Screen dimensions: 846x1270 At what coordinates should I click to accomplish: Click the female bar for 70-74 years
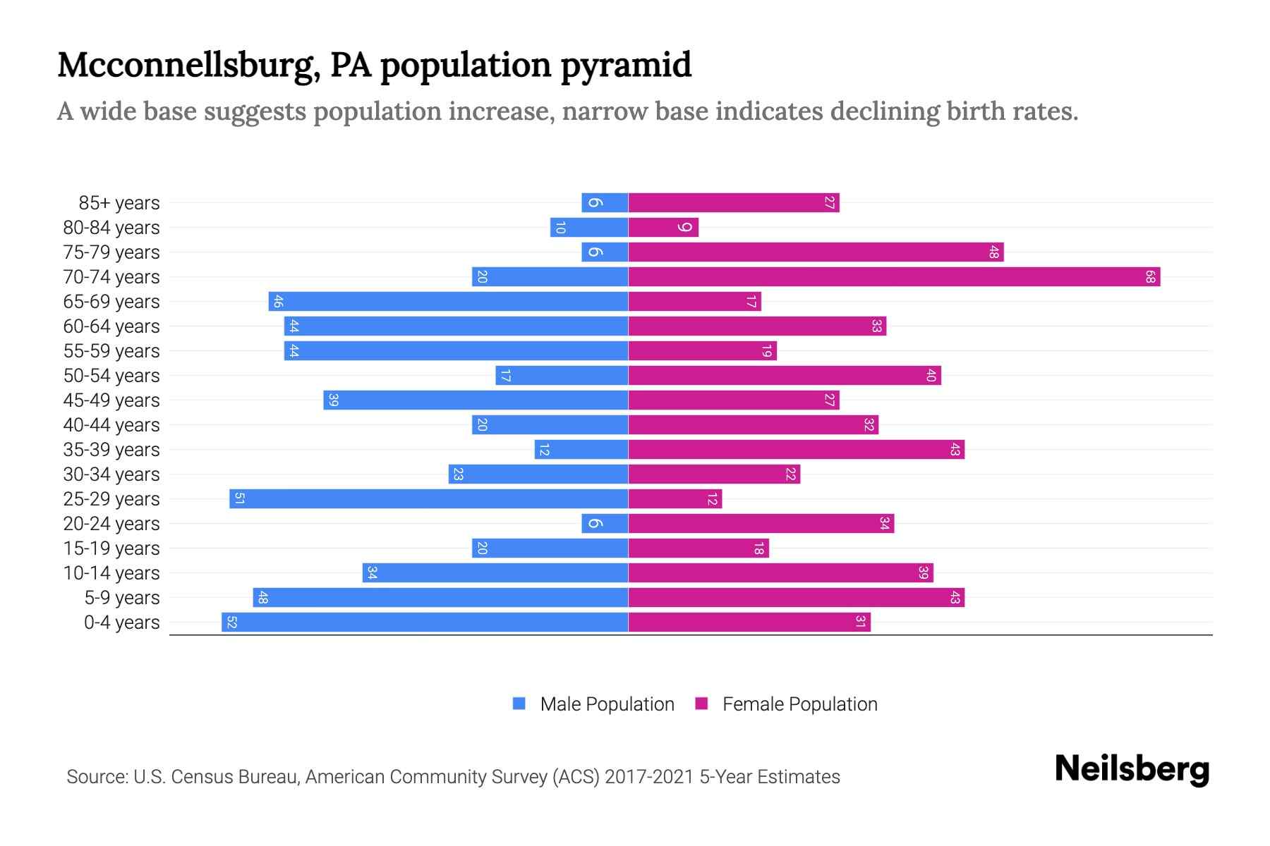tap(894, 277)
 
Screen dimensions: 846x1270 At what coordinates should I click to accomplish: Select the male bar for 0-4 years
tap(425, 623)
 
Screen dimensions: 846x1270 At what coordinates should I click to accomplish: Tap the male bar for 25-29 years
tap(428, 499)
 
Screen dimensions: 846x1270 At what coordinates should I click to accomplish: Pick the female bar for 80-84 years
tap(663, 228)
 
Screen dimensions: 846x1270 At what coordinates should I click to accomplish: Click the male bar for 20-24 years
tap(605, 524)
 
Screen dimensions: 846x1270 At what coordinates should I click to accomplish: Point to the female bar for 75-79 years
tap(816, 252)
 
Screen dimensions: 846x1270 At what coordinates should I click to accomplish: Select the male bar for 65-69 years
tap(448, 302)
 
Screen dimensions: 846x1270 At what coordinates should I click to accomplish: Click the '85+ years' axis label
tap(119, 203)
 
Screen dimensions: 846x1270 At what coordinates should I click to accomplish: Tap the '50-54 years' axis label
tap(111, 376)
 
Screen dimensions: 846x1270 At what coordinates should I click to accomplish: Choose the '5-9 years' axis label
tap(122, 598)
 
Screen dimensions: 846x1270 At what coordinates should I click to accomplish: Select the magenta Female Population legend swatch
tap(701, 704)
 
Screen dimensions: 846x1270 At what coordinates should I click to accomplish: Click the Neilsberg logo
tap(1132, 769)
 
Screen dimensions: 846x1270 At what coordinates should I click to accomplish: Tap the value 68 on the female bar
tap(1149, 277)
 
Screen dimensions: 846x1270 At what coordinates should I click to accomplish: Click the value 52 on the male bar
tap(231, 623)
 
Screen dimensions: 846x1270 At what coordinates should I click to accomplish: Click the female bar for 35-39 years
tap(796, 450)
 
